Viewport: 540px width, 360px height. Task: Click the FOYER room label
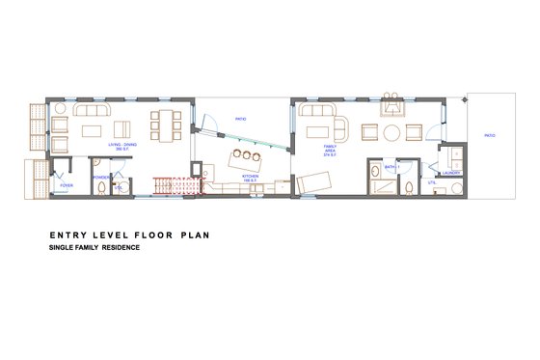[67, 184]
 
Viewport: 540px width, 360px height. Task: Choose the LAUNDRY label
[452, 174]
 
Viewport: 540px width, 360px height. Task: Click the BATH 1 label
[391, 167]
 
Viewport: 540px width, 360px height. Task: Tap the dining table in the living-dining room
[165, 124]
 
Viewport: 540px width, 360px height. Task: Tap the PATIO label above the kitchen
[242, 120]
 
